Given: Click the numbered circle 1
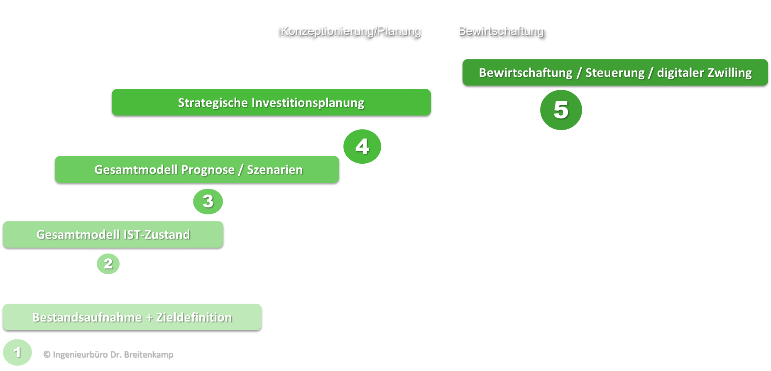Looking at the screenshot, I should (x=17, y=352).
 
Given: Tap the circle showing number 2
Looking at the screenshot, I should (x=108, y=264).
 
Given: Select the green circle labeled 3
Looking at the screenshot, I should (x=208, y=201).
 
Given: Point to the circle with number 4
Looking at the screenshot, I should (x=362, y=146).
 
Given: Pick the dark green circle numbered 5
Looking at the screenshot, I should (x=561, y=110).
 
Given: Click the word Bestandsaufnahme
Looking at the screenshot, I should (x=87, y=317).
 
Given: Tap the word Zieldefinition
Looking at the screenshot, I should (x=194, y=317).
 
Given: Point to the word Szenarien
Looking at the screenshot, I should (x=275, y=170).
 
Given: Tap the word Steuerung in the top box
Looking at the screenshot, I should (x=615, y=73).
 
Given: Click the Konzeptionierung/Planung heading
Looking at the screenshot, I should (x=351, y=31).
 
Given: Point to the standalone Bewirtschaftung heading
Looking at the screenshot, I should (x=501, y=31).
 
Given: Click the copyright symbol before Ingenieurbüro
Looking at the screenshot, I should (x=47, y=354).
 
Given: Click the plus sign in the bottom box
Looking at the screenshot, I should (x=149, y=318).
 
